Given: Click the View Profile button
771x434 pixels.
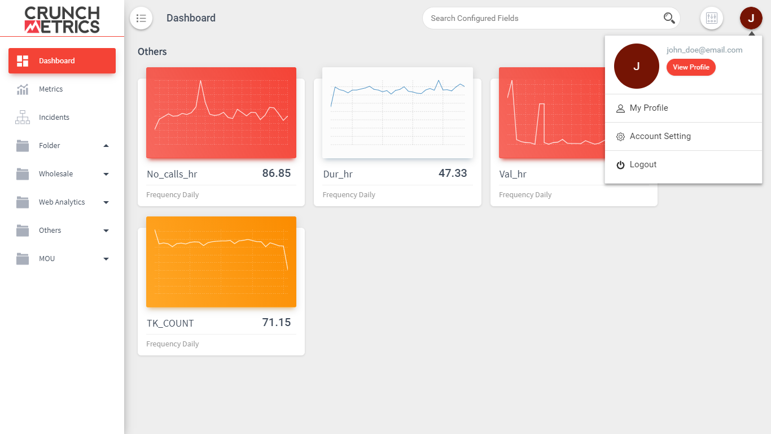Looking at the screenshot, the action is click(691, 67).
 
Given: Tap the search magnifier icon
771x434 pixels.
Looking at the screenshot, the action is click(669, 18).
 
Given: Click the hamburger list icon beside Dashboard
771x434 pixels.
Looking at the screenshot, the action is click(141, 18).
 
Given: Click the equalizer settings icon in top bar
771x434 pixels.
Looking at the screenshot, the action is click(712, 18).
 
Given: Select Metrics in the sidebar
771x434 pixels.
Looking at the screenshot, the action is click(51, 89).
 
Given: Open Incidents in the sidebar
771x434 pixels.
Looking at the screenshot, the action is click(54, 117).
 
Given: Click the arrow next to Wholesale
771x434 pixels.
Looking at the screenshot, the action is click(106, 174).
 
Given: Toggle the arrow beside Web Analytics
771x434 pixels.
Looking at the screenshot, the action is click(106, 202).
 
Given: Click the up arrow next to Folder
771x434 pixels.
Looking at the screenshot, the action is click(106, 146).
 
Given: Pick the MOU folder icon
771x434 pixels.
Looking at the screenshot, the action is click(23, 259).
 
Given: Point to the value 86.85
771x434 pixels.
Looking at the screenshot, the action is click(277, 173).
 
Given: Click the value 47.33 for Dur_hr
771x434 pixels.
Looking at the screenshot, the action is click(453, 173).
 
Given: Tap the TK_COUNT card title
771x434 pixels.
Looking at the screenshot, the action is click(170, 323).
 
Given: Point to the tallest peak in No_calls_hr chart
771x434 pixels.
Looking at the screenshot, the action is click(201, 81).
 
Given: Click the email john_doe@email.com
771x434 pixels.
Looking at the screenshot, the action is click(704, 50).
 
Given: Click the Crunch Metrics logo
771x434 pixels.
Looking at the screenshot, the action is click(62, 20).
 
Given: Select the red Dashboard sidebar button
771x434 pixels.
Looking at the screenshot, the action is click(62, 60).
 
